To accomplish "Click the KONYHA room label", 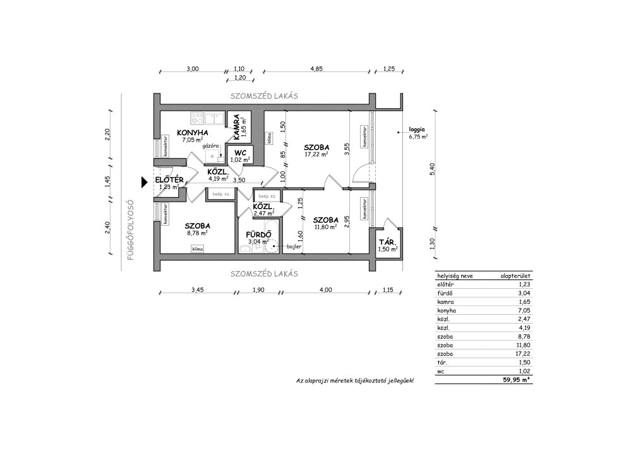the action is [x=192, y=133].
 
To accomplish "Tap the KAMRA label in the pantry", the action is [x=237, y=122].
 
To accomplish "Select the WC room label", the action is [x=240, y=153].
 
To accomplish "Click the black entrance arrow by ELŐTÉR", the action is [x=145, y=182].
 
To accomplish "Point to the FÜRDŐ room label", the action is [x=258, y=234].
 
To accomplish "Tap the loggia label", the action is [x=417, y=130].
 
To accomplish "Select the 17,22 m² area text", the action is [x=316, y=155].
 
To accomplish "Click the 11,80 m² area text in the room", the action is [x=325, y=226].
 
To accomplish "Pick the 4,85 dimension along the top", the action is [x=316, y=69].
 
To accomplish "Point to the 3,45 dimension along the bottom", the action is [x=197, y=289].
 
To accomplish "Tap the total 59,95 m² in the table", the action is [x=517, y=380].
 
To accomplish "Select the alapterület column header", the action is [x=515, y=276].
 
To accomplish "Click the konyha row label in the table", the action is [x=447, y=310].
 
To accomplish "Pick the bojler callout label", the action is [x=294, y=246].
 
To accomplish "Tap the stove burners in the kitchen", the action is [x=197, y=119].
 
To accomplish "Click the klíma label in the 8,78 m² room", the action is [x=197, y=249].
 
